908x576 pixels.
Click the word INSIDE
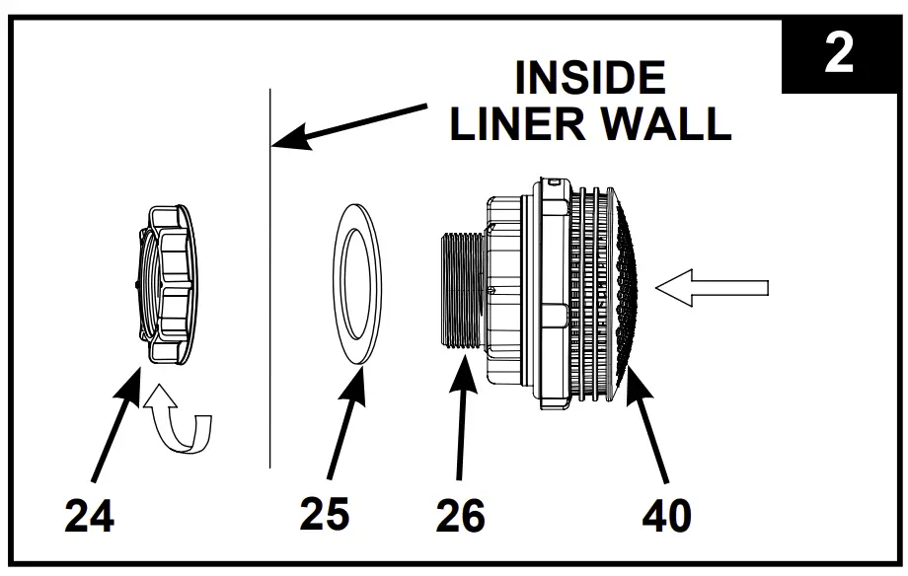click(590, 79)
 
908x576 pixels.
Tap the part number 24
click(90, 515)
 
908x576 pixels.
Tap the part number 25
click(325, 513)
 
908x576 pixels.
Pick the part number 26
click(460, 515)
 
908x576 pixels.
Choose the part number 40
click(666, 515)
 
